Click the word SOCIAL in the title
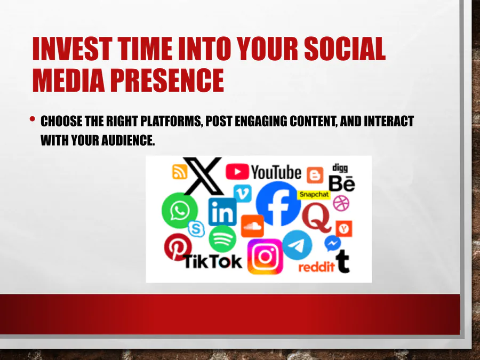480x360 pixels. [345, 49]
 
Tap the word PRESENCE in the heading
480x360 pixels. [167, 80]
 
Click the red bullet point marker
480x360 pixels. [33, 119]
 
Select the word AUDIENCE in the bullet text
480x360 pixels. [128, 140]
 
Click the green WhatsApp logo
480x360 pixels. [180, 210]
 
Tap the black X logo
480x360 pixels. [203, 175]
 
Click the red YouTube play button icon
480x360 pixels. [237, 171]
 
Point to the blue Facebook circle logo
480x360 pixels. [278, 204]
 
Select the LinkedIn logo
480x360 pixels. [222, 212]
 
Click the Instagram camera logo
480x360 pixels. [265, 257]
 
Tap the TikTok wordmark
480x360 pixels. [213, 262]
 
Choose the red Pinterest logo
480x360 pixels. [177, 247]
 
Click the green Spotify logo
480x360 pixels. [222, 239]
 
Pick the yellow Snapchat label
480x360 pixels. [314, 194]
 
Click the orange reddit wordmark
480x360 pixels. [316, 267]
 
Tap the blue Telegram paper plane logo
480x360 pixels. [297, 245]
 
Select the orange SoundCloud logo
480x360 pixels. [253, 226]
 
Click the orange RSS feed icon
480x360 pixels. [180, 172]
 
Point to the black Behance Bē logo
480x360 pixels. [342, 183]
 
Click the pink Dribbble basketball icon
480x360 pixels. [341, 203]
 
